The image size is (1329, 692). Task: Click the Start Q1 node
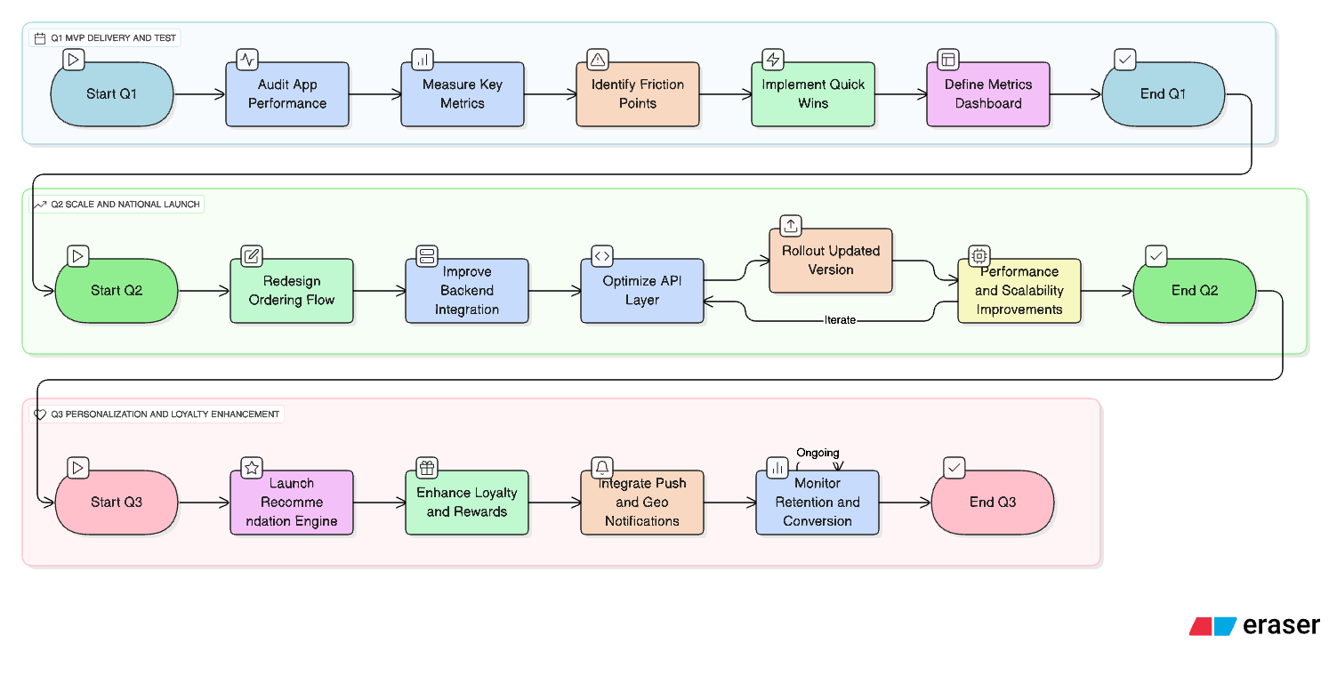112,94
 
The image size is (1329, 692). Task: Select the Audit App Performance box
286,94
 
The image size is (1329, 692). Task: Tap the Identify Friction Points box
637,94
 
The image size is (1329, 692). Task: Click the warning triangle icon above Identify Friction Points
598,60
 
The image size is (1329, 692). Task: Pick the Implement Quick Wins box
812,94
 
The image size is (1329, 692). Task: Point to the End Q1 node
1163,94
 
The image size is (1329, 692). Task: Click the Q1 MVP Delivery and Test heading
105,38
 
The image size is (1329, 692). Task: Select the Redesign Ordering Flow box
292,291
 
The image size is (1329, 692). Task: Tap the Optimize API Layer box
641,291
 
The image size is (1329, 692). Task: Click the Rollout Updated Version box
830,261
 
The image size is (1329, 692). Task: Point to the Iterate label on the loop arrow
840,320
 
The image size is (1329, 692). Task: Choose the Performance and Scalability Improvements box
1019,291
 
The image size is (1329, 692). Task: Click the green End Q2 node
1194,291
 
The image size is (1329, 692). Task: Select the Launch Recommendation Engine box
292,503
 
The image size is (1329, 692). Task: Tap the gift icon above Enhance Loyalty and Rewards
427,468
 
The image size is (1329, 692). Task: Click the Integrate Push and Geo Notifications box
641,503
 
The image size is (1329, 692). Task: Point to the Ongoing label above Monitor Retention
818,453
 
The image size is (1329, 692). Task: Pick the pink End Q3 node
992,503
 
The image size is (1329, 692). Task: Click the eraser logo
1254,626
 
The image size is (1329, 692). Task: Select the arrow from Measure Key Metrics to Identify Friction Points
550,94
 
